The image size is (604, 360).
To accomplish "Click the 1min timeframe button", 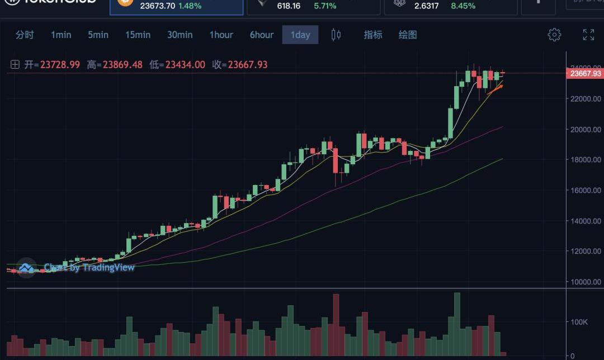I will coord(61,35).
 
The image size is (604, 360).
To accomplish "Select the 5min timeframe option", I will coord(98,35).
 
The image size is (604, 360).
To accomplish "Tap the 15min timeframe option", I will coord(138,35).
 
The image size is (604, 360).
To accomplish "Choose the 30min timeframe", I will coord(180,35).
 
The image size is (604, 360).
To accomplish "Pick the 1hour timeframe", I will coord(221,35).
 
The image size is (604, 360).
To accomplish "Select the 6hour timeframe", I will coord(261,35).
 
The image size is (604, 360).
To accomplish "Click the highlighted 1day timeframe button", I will coord(300,35).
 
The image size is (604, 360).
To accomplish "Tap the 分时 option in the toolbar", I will coord(25,35).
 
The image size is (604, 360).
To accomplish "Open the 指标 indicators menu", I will coord(373,35).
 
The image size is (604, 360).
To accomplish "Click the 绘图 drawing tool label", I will coord(408,35).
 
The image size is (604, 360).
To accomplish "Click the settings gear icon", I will coord(554,35).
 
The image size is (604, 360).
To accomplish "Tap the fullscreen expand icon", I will coord(588,35).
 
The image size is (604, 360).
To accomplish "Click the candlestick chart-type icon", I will coord(336,35).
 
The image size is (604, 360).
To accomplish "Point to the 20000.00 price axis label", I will coord(586,129).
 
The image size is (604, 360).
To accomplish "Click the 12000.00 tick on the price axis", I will coord(586,251).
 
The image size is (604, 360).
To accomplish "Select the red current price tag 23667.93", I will coord(586,73).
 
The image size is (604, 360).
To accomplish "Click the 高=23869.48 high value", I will coord(115,65).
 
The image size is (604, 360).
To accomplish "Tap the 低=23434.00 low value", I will coord(177,65).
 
